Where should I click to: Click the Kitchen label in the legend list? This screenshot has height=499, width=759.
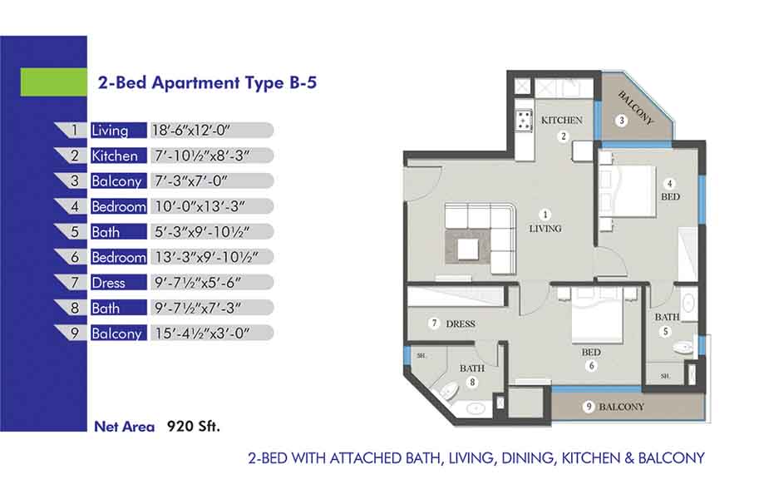coord(115,156)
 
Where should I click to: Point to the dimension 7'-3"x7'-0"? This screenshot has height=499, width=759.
coord(190,181)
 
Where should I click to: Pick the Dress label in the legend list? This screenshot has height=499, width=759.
coord(108,283)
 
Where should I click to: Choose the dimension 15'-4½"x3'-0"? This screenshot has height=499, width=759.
coord(200,333)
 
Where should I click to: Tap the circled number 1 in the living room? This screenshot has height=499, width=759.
coord(546,213)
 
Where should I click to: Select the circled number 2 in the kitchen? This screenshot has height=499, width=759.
coord(563,136)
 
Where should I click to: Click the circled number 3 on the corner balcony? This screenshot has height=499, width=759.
coord(620,121)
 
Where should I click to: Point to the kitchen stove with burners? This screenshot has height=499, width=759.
coord(525,122)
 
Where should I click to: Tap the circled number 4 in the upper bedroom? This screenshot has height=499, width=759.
coord(669,183)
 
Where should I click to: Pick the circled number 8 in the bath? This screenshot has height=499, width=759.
coord(471,383)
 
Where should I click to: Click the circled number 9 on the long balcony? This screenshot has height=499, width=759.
coord(589,407)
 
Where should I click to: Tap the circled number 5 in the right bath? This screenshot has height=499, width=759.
coord(665,331)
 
